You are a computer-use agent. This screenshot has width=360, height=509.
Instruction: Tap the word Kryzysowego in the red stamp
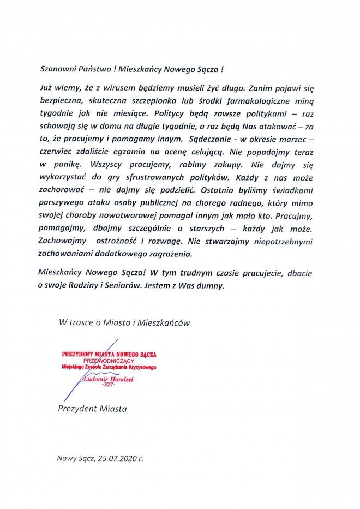142,367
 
